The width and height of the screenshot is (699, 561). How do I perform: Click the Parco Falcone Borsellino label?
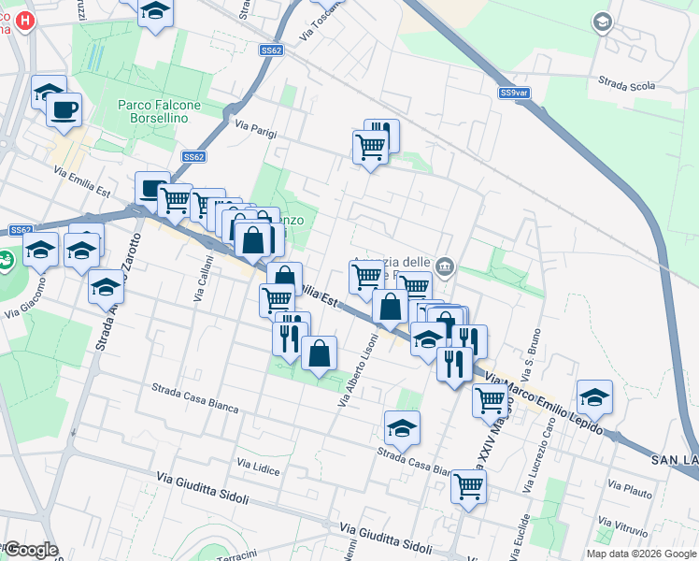tap(153, 112)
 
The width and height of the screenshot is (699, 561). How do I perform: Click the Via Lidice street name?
tap(258, 467)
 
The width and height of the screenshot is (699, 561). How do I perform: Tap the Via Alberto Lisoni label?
tap(357, 370)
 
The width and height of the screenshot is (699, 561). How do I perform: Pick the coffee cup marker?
tap(64, 109)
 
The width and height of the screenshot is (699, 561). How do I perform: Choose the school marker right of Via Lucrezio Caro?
tap(594, 397)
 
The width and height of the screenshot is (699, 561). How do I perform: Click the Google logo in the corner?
tap(31, 550)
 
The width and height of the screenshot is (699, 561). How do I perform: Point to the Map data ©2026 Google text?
tap(641, 554)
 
